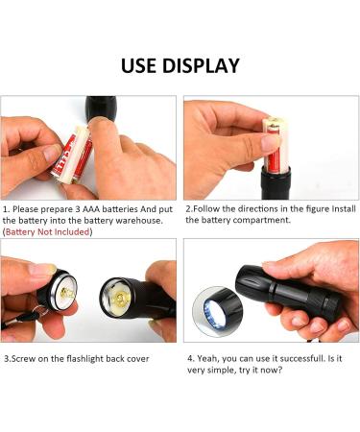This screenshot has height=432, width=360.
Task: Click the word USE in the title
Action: [139, 65]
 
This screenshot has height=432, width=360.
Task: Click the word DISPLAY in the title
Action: [201, 65]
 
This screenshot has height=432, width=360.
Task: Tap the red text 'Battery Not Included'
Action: [47, 232]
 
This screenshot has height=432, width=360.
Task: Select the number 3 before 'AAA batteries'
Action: [78, 209]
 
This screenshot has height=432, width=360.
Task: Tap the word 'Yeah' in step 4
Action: [208, 359]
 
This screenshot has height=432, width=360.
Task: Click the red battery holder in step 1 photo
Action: [72, 156]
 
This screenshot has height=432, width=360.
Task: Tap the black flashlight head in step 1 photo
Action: [101, 108]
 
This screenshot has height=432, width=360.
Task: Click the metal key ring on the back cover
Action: [39, 310]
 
